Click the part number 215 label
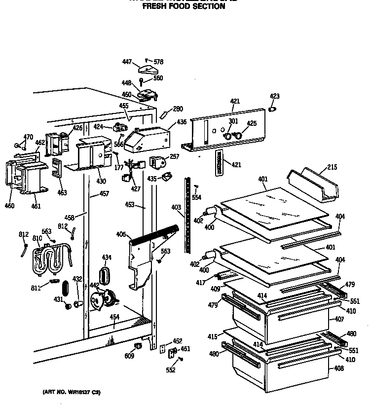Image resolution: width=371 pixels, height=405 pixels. pyautogui.click(x=332, y=168)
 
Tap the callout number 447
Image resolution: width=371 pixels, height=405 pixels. pyautogui.click(x=127, y=62)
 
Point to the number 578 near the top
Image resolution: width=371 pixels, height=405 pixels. pyautogui.click(x=158, y=62)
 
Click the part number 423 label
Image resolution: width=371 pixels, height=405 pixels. pyautogui.click(x=274, y=96)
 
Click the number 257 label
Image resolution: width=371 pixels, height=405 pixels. pyautogui.click(x=174, y=156)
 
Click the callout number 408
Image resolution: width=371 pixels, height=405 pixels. pyautogui.click(x=338, y=368)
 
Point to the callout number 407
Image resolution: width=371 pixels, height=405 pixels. pyautogui.click(x=338, y=319)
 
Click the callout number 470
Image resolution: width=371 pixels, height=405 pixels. pyautogui.click(x=28, y=137)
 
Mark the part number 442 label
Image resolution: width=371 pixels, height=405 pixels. pyautogui.click(x=94, y=286)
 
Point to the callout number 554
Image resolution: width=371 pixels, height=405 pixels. pyautogui.click(x=196, y=197)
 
